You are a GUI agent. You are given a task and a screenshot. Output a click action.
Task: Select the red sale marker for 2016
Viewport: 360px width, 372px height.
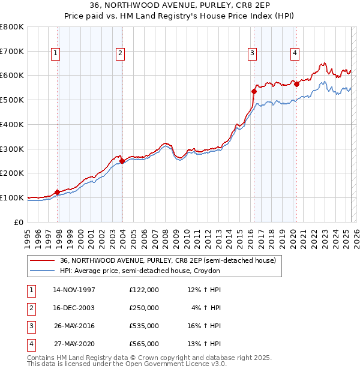click(254, 91)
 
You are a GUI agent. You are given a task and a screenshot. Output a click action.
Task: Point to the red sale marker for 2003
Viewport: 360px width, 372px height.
click(122, 161)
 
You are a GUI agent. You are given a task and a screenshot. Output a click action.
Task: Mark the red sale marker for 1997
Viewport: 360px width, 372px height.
click(58, 192)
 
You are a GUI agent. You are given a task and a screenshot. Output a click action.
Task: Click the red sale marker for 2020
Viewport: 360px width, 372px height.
click(296, 84)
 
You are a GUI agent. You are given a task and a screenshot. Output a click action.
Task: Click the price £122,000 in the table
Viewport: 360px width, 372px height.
click(144, 289)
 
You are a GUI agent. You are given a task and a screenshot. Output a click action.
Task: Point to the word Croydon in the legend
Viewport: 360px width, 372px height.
click(207, 271)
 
